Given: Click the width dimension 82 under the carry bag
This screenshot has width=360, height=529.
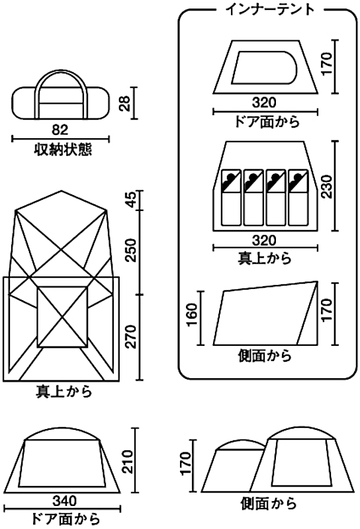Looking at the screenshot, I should point(60,128).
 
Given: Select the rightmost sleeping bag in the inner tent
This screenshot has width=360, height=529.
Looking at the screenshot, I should point(298,197).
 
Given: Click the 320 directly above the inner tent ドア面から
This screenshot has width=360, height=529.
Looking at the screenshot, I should point(265,102).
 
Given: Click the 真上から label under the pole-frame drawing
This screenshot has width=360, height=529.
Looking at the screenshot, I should point(64,391).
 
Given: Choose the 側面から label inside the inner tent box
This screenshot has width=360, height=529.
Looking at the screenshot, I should point(264,356).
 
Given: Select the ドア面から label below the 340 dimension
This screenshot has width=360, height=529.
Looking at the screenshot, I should point(66,517).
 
